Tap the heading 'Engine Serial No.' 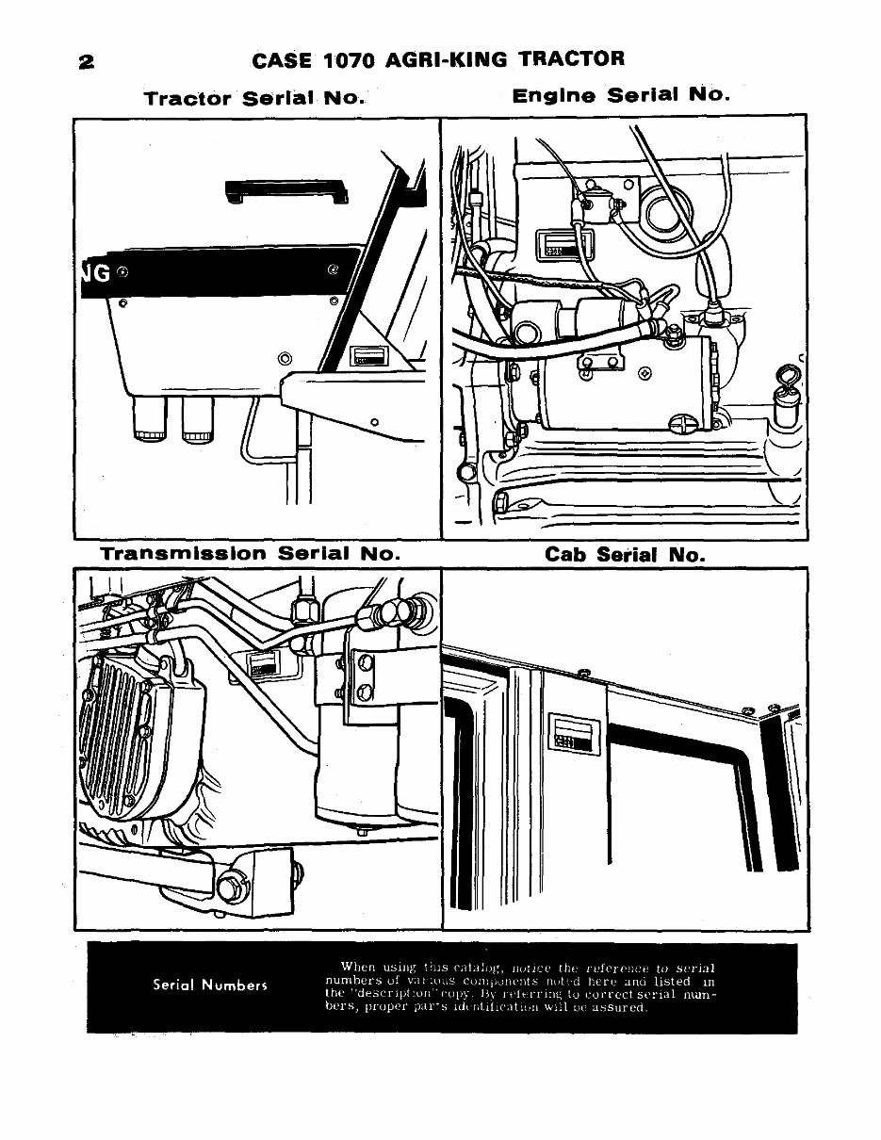tap(622, 95)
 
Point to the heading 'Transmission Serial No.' tap(251, 554)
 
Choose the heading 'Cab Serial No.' tap(625, 555)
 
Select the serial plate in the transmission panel tap(262, 665)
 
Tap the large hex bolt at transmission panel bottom tap(228, 888)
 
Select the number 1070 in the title tap(349, 60)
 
